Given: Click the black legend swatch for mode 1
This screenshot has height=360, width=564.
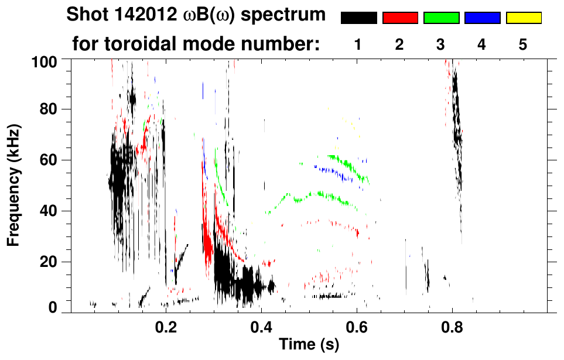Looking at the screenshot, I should [358, 18].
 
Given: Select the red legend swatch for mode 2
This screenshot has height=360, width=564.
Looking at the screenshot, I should [400, 18].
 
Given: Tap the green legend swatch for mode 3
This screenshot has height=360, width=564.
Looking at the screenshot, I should [441, 18].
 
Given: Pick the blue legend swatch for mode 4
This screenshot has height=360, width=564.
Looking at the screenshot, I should [482, 18].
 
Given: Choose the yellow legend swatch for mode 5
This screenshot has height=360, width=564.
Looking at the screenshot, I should [523, 18].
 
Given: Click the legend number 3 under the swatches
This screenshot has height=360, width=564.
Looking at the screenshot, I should [441, 44].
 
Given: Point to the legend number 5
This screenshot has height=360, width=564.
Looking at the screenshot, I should [523, 44].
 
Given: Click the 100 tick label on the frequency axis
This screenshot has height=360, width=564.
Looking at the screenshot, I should [46, 60].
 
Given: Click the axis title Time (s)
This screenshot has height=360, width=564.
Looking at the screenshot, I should [309, 345].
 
